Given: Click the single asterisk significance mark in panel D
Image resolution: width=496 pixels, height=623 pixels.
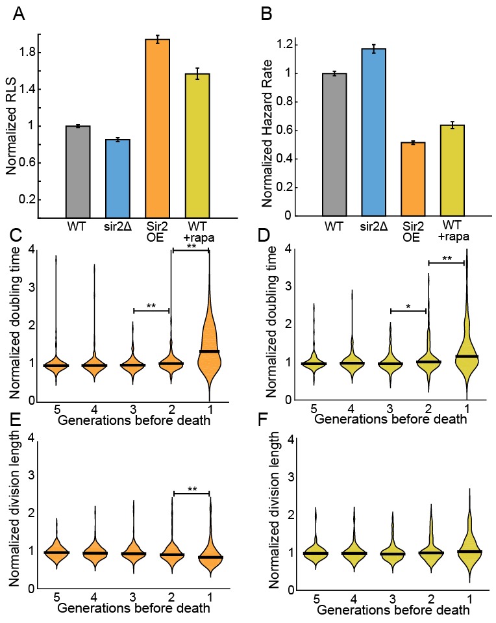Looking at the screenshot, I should [408, 305].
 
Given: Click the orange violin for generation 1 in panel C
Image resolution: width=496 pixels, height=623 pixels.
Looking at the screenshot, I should [209, 351].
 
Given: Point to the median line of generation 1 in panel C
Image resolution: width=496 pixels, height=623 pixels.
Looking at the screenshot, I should [209, 351].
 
